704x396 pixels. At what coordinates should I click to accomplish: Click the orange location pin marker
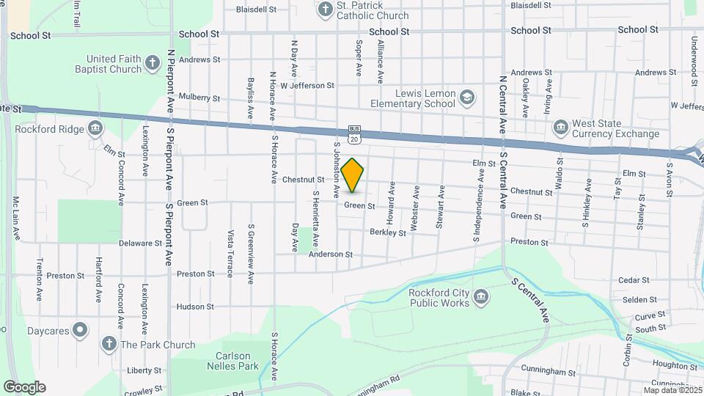(353, 175)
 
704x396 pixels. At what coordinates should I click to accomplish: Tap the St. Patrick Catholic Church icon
(326, 10)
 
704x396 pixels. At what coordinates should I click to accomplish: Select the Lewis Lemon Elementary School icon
(466, 98)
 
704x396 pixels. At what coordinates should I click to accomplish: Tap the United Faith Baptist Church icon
(152, 63)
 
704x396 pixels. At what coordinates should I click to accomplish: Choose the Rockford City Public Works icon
(481, 296)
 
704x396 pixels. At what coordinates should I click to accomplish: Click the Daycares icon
(80, 330)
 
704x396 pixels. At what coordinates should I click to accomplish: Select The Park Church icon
(109, 344)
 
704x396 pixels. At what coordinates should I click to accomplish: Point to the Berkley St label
(388, 232)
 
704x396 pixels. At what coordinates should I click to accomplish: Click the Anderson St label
(331, 254)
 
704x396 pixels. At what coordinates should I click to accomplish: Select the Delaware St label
(140, 243)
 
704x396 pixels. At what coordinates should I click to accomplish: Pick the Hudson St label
(195, 307)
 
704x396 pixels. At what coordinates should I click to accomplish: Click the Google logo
(24, 387)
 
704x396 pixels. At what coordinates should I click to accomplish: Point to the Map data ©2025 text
(672, 390)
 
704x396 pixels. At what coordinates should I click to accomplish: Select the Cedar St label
(634, 280)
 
